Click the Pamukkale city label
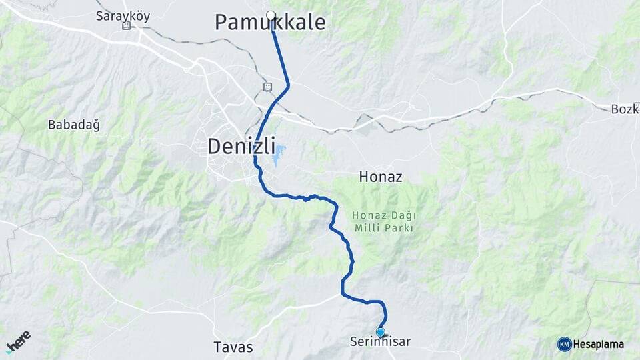[270, 23]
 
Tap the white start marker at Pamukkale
[271, 15]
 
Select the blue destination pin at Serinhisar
[380, 332]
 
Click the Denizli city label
[242, 146]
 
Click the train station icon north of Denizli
[267, 87]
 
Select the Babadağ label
[69, 125]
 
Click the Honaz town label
[381, 177]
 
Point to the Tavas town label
[233, 347]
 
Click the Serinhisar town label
[380, 342]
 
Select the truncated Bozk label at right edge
[625, 109]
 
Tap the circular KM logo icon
[564, 344]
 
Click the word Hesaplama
[599, 344]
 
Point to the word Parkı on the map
[401, 228]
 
